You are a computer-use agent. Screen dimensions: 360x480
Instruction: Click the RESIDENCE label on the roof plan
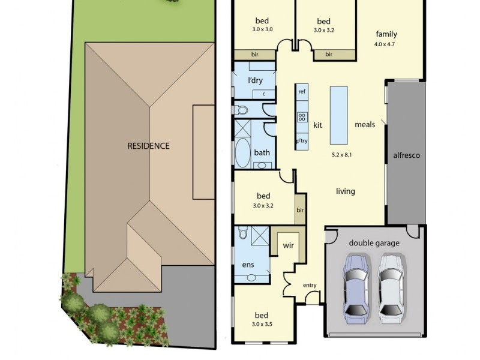148,146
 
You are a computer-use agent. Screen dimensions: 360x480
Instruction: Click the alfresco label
406,155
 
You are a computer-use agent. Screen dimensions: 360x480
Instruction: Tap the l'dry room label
256,80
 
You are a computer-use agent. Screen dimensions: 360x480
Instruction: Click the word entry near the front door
310,285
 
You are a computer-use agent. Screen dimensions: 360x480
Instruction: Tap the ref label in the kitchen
302,92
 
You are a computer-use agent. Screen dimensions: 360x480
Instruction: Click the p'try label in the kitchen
301,142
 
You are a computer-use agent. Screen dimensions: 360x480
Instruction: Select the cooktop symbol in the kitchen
302,118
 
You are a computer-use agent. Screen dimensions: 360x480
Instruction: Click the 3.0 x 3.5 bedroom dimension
261,325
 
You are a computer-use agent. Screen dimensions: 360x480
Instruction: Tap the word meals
365,125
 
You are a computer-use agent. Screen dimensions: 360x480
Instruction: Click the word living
345,191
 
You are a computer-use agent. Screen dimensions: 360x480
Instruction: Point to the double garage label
374,243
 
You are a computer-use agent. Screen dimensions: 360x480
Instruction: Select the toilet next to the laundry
242,110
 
